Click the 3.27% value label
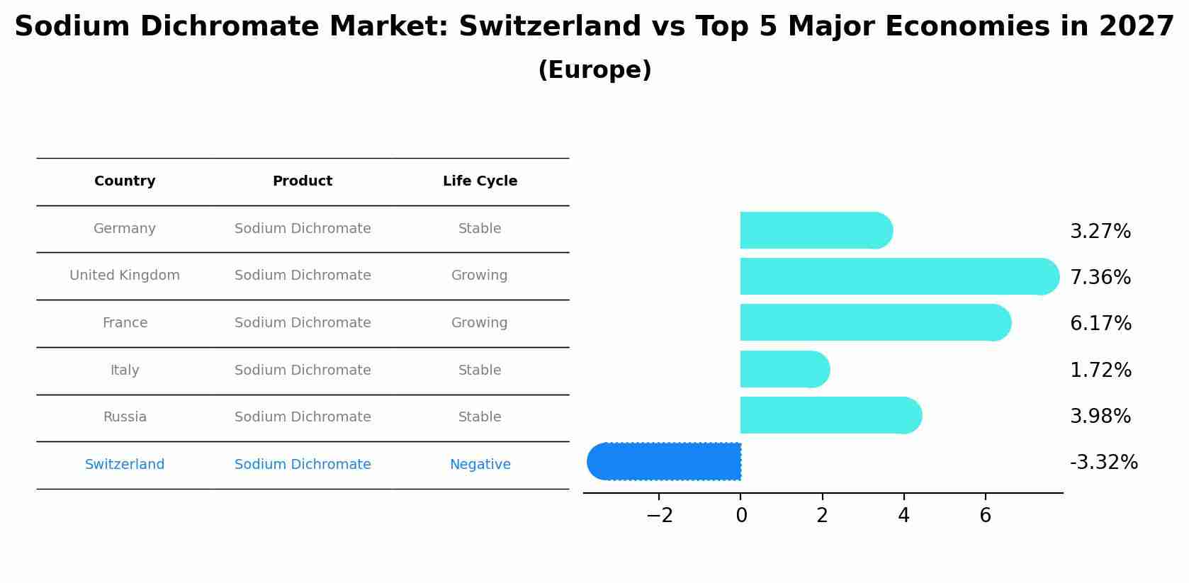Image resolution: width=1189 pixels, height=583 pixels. coord(1100,232)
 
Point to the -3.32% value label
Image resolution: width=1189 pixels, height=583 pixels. coord(1103,463)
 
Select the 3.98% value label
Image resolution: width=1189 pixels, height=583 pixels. coord(1100,417)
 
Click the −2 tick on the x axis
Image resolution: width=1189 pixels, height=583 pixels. coord(659,516)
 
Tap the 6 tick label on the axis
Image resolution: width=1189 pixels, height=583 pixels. coord(985,516)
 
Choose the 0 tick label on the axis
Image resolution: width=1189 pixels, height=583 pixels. coord(741,516)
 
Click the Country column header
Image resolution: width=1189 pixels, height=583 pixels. coord(125,181)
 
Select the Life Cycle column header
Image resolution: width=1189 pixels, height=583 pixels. coord(480,181)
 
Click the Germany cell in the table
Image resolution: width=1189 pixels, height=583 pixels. coord(125,229)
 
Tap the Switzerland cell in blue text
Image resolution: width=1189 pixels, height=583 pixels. coord(125,465)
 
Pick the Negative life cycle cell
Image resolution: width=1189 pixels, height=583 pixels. coord(480,465)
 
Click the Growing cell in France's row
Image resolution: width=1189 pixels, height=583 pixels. coord(479,323)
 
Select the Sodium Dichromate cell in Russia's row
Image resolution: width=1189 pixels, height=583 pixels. coord(303,417)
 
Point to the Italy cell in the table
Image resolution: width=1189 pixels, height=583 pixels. coord(125,370)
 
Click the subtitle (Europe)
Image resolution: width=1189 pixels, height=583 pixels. coord(594,70)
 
